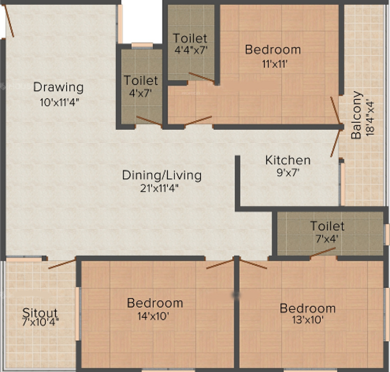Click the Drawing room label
[58, 88]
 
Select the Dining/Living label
[161, 175]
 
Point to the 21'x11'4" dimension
[161, 189]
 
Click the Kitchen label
[288, 160]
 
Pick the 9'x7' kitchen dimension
[288, 173]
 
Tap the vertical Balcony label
[357, 115]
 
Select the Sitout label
[40, 313]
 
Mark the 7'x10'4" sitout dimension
[41, 323]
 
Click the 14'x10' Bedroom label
[155, 303]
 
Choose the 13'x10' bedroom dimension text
[307, 320]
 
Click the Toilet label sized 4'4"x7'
[190, 38]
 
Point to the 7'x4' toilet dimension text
[327, 239]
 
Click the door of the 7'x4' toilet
[323, 252]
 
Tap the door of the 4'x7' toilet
[149, 122]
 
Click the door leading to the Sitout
[62, 264]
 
